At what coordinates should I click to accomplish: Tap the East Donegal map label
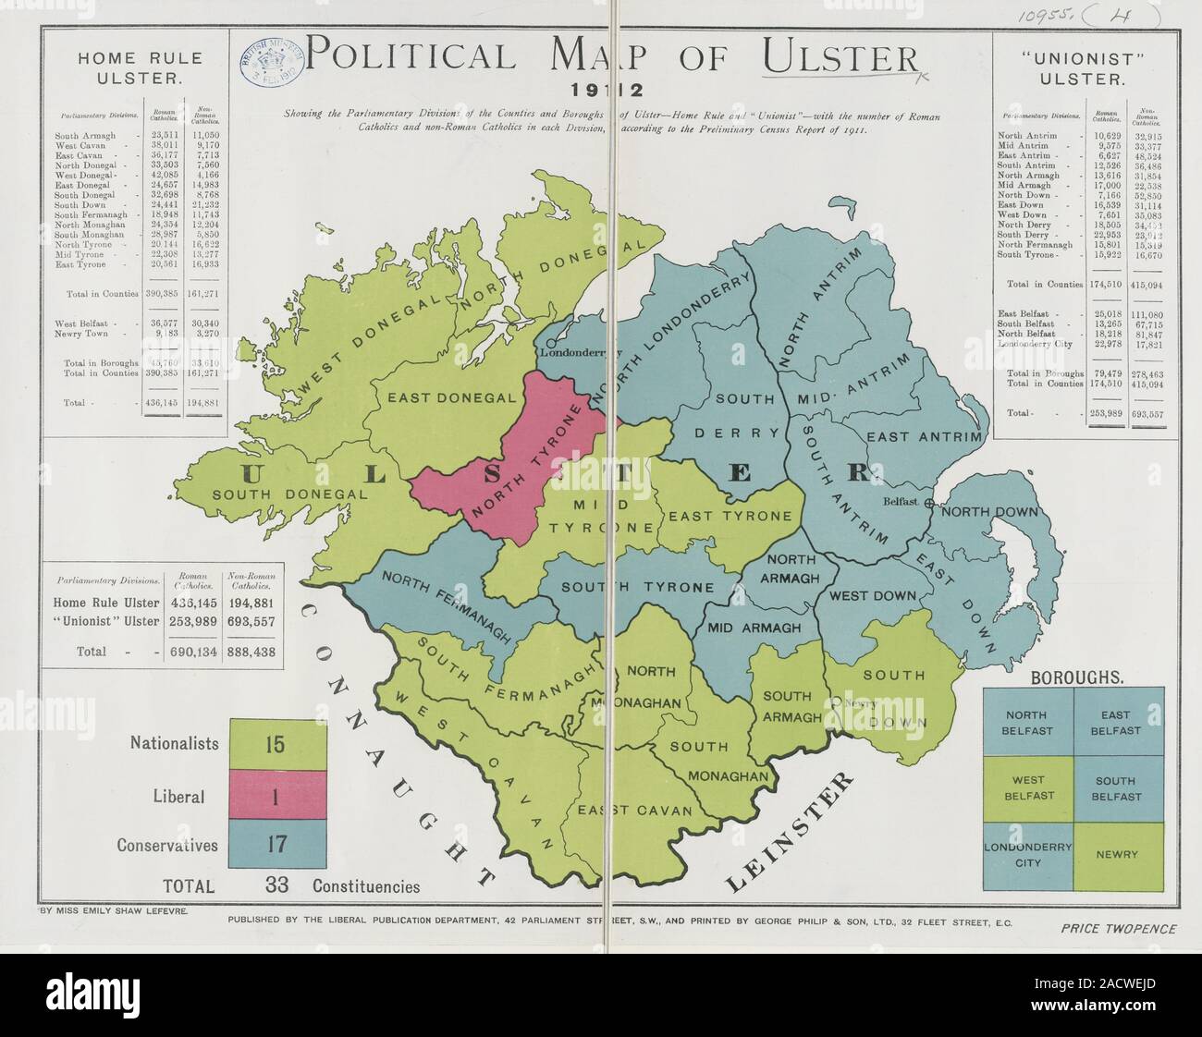pyautogui.click(x=451, y=397)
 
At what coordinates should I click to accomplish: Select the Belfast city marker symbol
pyautogui.click(x=929, y=504)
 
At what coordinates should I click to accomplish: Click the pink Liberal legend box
pyautogui.click(x=277, y=796)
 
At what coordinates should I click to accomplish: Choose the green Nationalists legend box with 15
pyautogui.click(x=277, y=745)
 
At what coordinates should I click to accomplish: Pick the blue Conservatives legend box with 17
pyautogui.click(x=277, y=845)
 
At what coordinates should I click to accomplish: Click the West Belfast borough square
pyautogui.click(x=1027, y=788)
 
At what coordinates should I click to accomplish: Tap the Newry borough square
pyautogui.click(x=1117, y=855)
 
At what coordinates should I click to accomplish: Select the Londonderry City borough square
pyautogui.click(x=1027, y=855)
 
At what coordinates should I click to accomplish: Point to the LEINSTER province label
pyautogui.click(x=788, y=833)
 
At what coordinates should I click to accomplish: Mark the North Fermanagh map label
pyautogui.click(x=446, y=606)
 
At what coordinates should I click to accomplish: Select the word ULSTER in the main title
pyautogui.click(x=840, y=58)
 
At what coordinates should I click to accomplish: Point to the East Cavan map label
pyautogui.click(x=634, y=811)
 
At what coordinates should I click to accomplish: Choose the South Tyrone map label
pyautogui.click(x=637, y=587)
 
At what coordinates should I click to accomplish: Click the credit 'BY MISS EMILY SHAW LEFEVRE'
pyautogui.click(x=114, y=910)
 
